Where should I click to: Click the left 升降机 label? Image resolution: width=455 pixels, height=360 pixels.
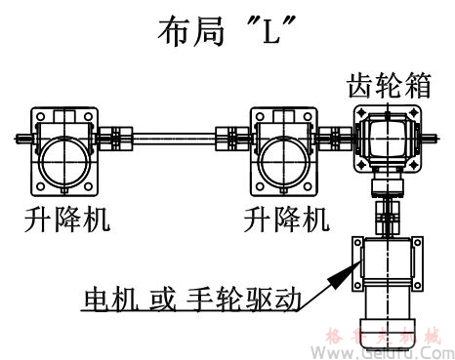66,219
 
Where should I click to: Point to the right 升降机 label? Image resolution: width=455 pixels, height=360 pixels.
283,219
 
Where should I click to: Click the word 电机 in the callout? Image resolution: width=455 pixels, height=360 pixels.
108,296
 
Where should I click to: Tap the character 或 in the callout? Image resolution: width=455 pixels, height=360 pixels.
167,296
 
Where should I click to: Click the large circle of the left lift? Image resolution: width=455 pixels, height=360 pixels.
64,155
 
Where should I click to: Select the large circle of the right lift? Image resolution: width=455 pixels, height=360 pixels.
284,155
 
